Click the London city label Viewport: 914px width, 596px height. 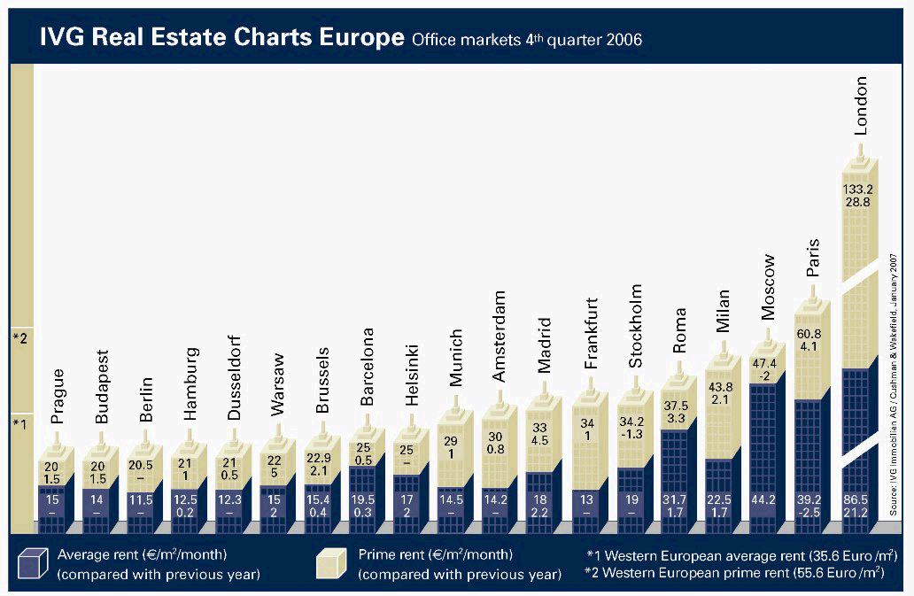[860, 105]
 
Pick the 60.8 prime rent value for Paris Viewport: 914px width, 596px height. [812, 335]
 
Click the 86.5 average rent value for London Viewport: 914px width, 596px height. [856, 500]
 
